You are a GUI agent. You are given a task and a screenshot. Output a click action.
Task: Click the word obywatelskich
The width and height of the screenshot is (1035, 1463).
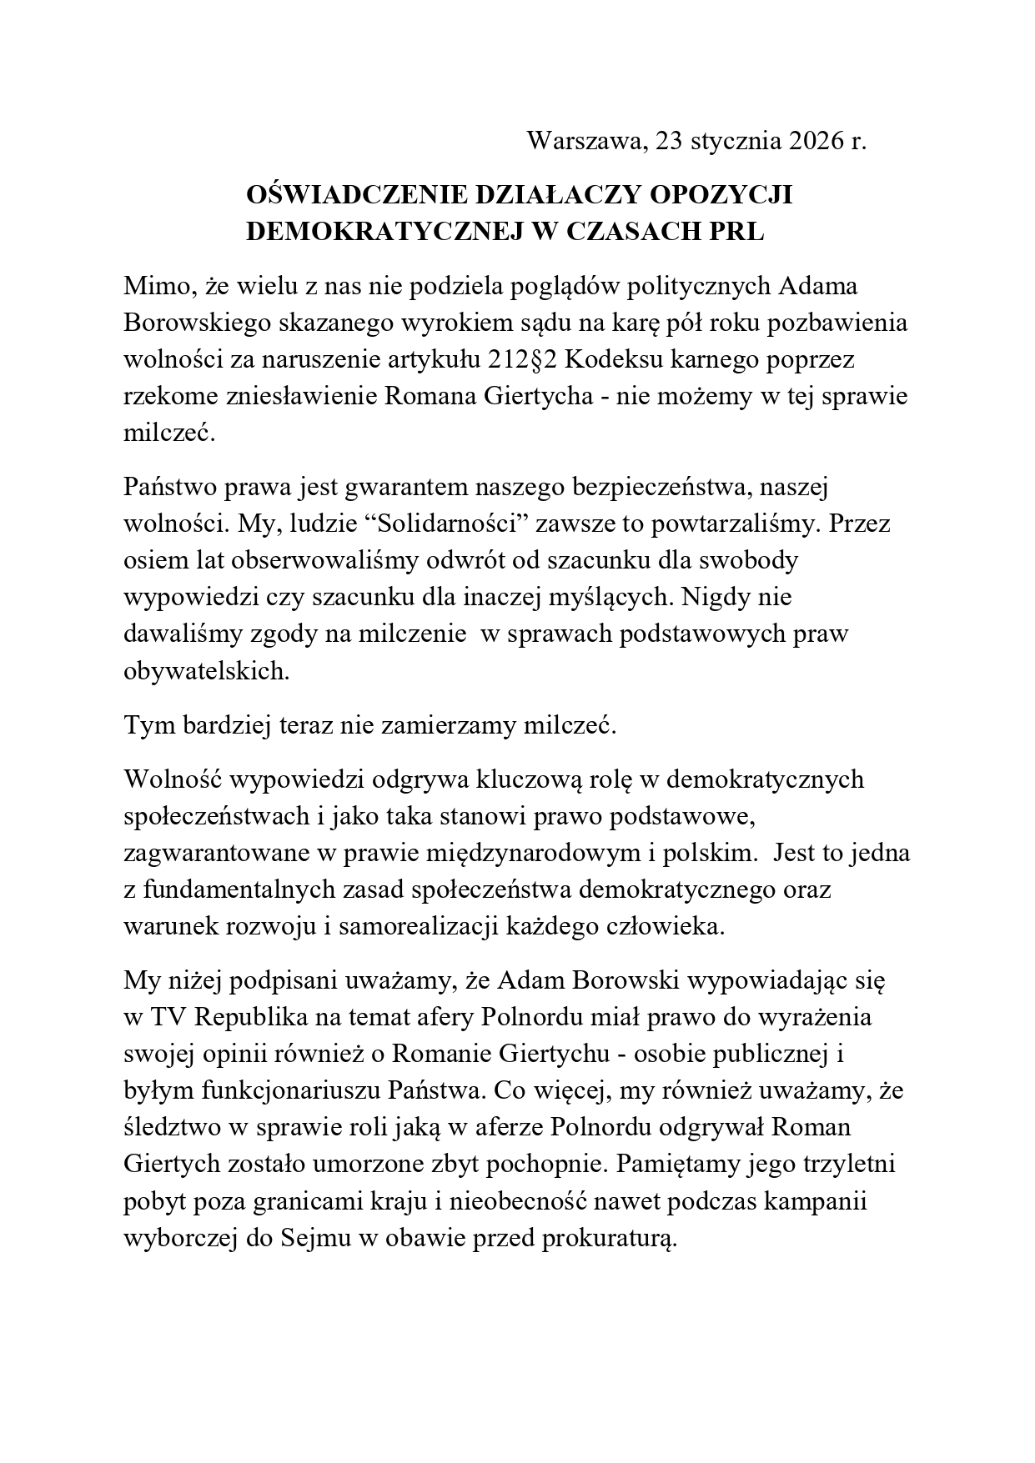click(206, 671)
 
